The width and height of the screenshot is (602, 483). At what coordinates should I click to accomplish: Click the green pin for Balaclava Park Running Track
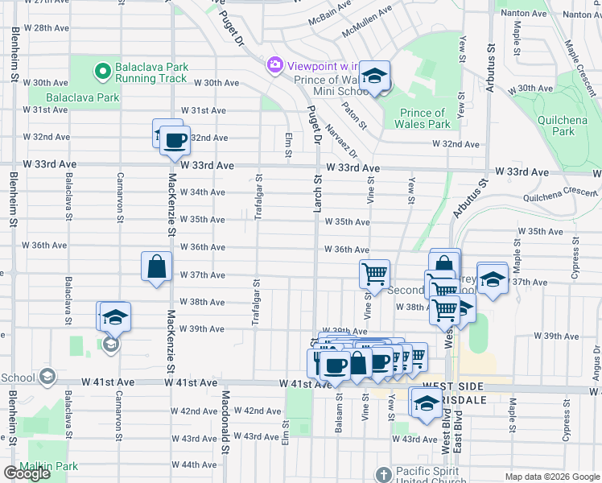coord(102,72)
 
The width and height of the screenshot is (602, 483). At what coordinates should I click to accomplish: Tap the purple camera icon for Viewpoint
coord(275,64)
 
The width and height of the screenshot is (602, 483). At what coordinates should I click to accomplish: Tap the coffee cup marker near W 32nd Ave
coord(175,141)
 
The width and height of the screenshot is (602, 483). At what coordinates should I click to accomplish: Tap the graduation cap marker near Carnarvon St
coord(115,316)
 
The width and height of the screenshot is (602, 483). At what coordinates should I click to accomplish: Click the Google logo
coord(27,473)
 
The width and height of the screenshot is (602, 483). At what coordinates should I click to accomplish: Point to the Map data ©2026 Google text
coord(550,477)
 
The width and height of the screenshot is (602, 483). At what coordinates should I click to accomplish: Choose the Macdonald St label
coord(226,419)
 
